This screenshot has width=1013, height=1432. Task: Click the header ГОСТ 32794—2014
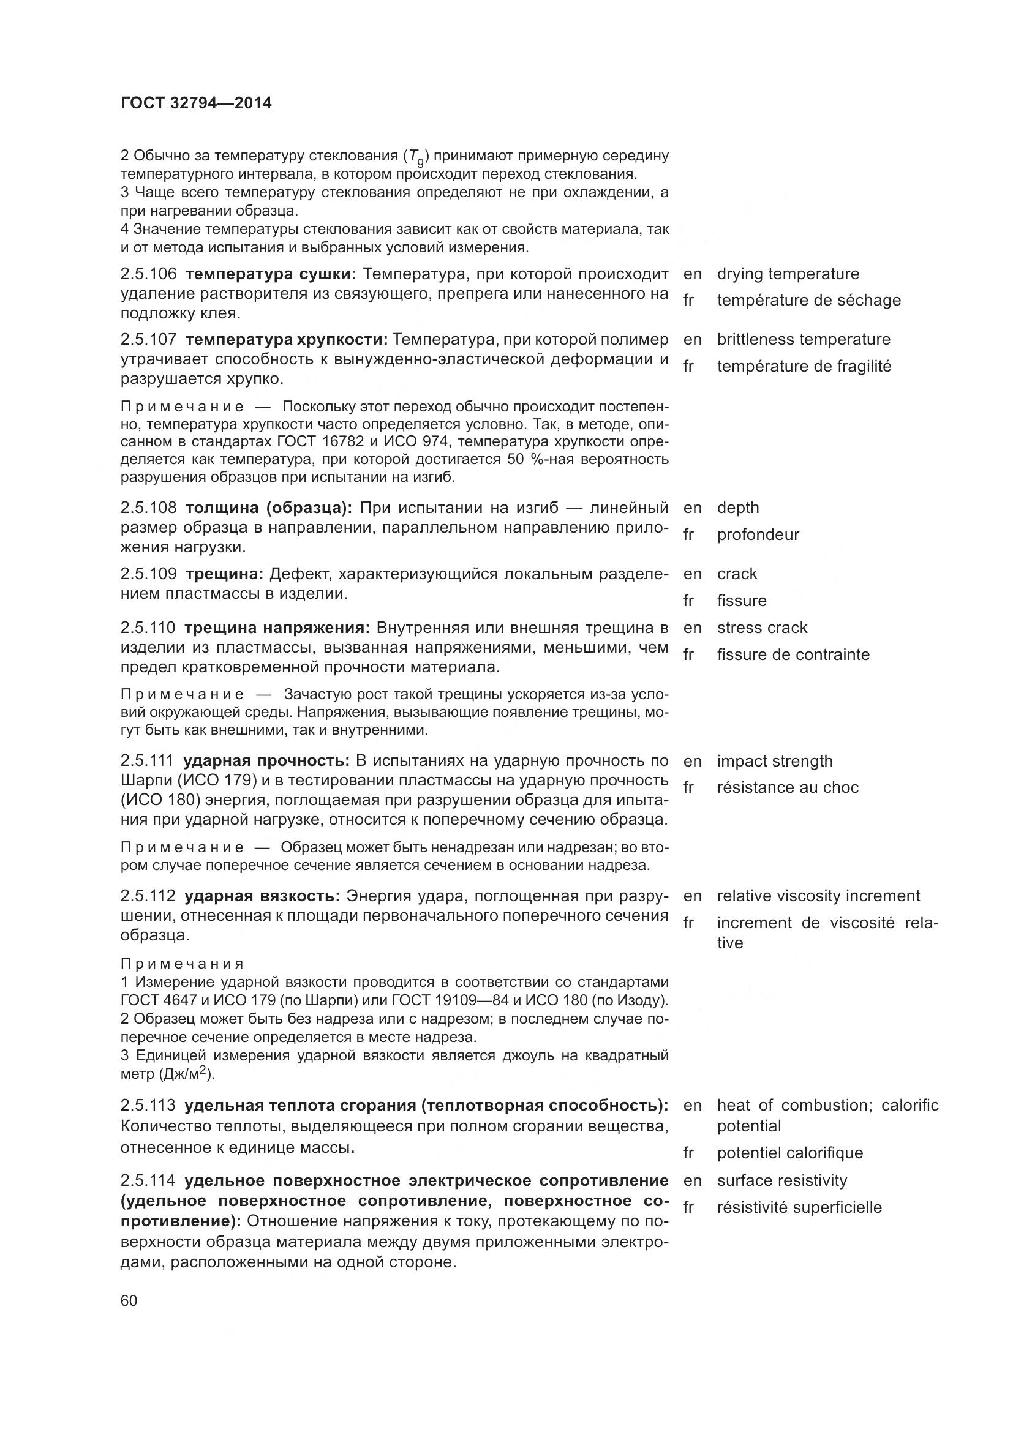(x=196, y=103)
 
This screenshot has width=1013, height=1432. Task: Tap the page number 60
(x=129, y=1300)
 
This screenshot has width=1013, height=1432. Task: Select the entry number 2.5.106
(x=148, y=274)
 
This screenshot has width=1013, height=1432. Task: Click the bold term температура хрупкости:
(x=286, y=339)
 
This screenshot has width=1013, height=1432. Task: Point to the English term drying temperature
(x=788, y=274)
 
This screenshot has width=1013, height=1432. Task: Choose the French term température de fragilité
(x=804, y=366)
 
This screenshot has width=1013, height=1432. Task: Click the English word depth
(x=738, y=508)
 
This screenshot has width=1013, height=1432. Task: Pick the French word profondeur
(x=758, y=534)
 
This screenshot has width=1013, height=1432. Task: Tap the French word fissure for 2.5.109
(x=742, y=601)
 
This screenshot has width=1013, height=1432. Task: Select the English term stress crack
(x=762, y=628)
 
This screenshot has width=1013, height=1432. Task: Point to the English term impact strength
(x=775, y=761)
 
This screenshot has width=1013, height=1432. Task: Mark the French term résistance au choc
(x=788, y=787)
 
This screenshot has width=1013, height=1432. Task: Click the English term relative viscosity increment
(x=818, y=896)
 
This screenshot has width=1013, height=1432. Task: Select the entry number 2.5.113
(x=148, y=1105)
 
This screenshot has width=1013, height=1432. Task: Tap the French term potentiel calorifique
(x=789, y=1153)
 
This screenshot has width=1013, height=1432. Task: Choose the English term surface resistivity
(x=782, y=1180)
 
